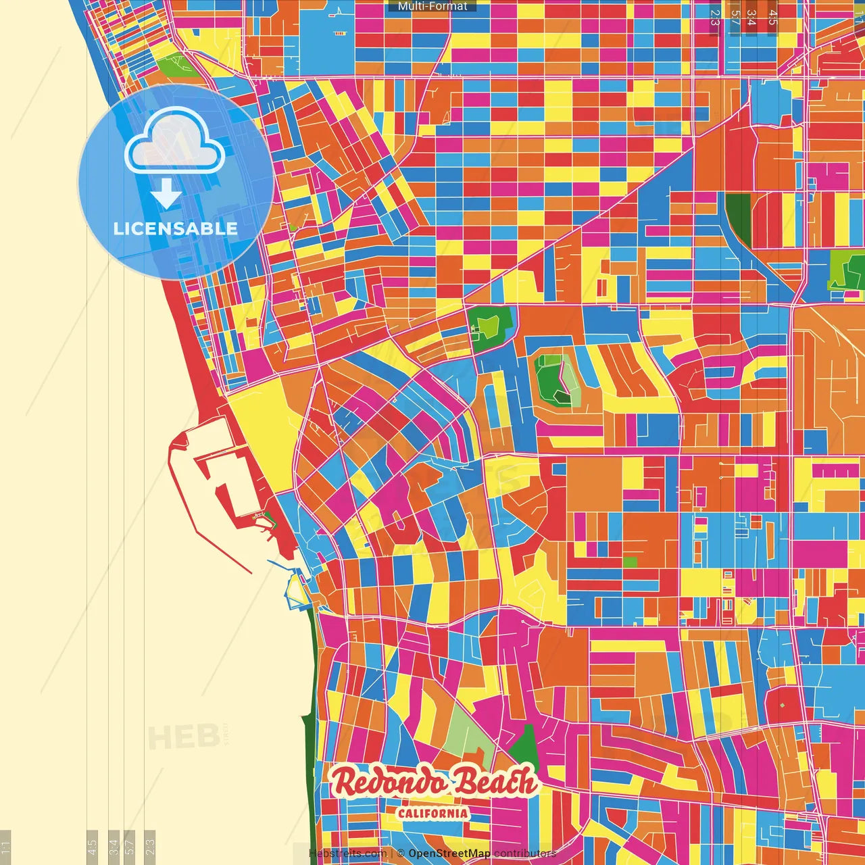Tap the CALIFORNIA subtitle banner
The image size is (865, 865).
pos(432,813)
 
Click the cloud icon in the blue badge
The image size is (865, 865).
pos(174,140)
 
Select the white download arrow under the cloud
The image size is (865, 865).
pos(166,193)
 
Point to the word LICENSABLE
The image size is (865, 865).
pos(176,228)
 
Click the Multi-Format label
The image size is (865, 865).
pos(432,6)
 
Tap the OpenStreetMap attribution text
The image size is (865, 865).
pos(449,854)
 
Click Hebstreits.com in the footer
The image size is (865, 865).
pos(347,854)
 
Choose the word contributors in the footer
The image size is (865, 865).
pos(524,854)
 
